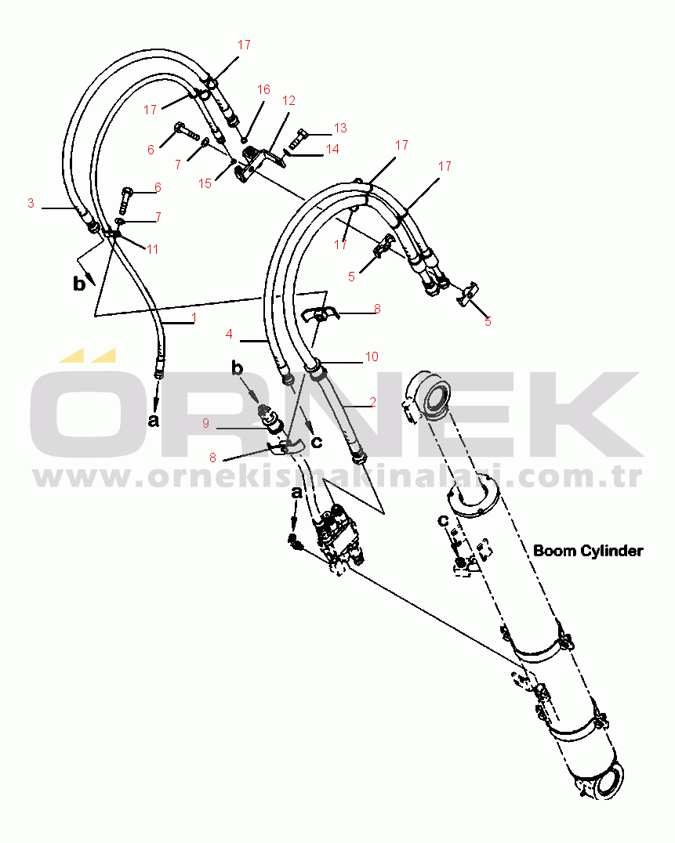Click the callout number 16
point(263,90)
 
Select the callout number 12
point(289,100)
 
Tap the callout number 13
point(340,128)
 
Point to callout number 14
point(332,149)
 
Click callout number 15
point(205,183)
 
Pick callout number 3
point(31,203)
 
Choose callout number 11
point(152,249)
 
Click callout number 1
point(194,318)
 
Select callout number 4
point(229,334)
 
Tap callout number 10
point(372,356)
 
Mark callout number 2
point(372,402)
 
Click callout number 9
point(205,423)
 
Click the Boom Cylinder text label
point(588,551)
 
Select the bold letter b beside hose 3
point(79,283)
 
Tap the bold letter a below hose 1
point(154,420)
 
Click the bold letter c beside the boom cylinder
point(443,520)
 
